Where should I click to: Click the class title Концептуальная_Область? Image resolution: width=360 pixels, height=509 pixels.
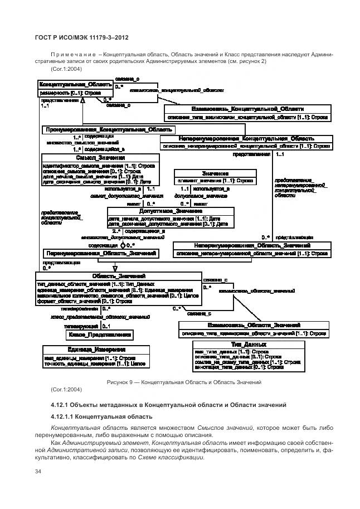point(75,84)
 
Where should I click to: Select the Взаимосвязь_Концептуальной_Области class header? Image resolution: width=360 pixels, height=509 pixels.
point(247,109)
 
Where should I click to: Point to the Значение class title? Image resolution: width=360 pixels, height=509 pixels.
point(216,173)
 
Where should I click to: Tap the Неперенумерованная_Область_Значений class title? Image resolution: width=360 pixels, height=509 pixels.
point(252,245)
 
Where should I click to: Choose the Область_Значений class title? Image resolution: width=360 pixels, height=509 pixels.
point(119,276)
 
